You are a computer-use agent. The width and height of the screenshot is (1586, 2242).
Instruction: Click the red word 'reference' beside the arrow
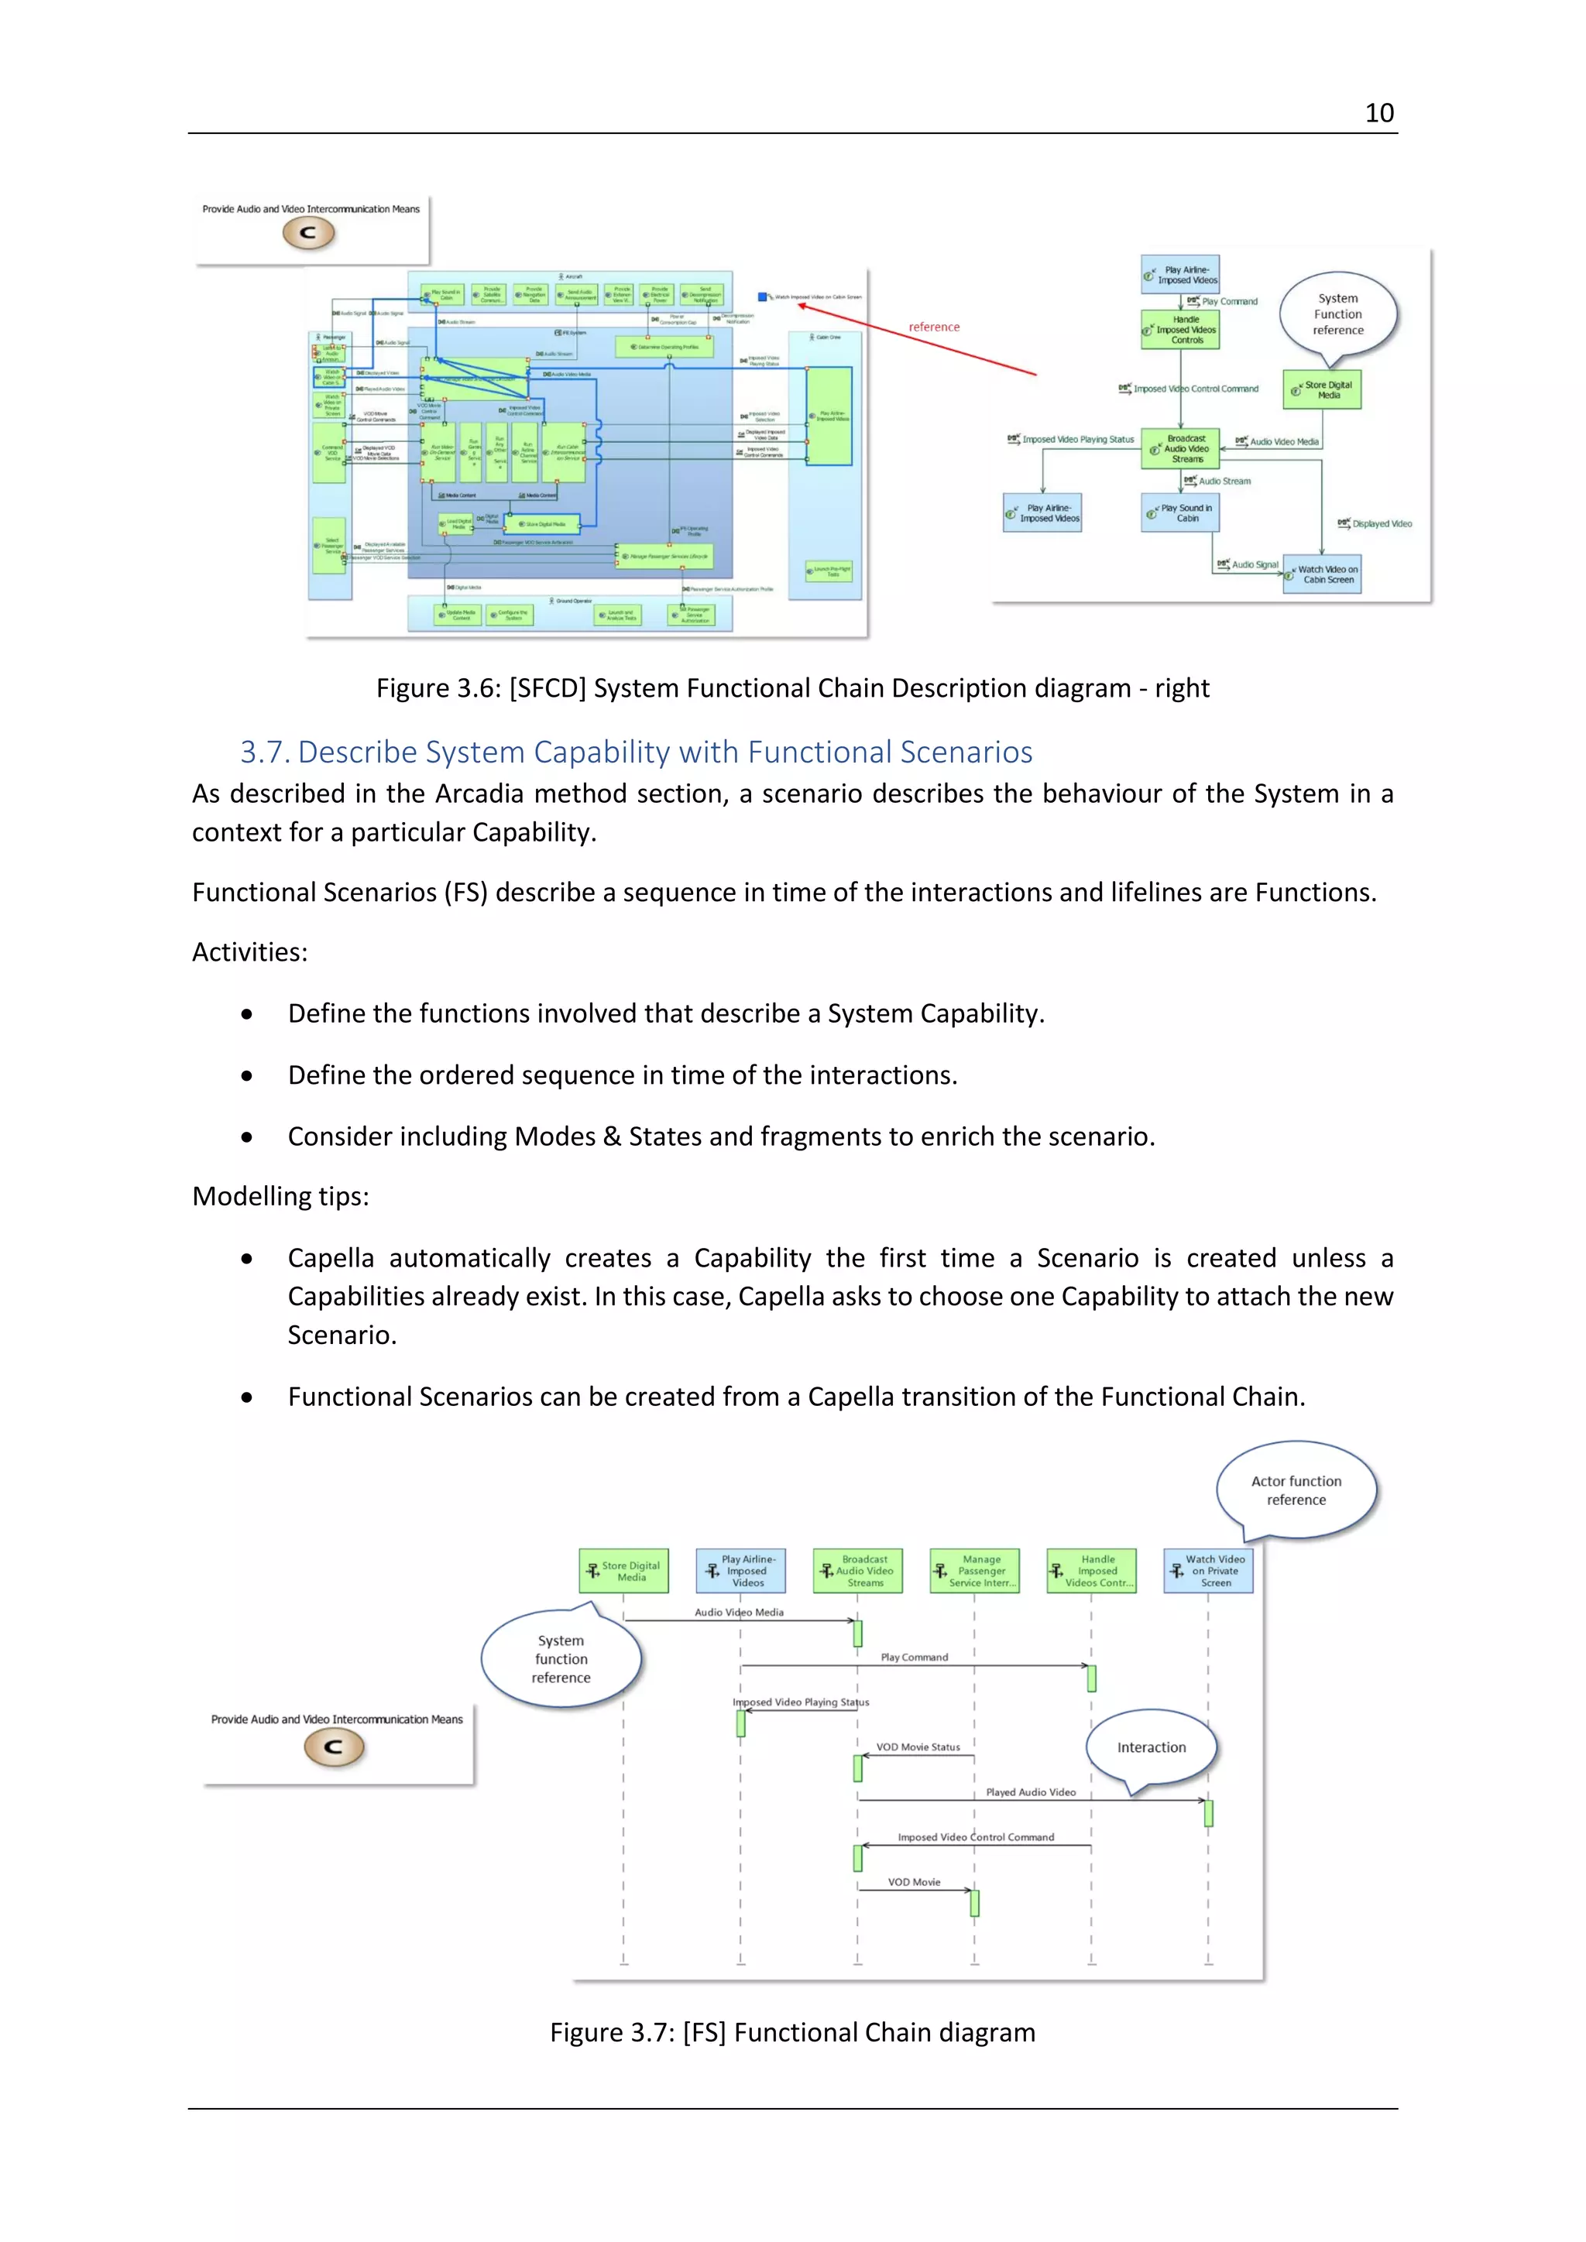point(934,327)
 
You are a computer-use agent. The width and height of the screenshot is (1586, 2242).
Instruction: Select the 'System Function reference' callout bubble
point(1338,314)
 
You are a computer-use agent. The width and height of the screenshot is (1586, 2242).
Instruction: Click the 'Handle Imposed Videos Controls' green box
point(1181,330)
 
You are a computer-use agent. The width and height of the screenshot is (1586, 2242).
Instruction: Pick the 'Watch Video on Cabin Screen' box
point(1327,574)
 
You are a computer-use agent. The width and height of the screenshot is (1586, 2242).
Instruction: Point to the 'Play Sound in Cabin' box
point(1181,513)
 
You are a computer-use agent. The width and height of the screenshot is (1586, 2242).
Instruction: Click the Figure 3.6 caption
point(792,688)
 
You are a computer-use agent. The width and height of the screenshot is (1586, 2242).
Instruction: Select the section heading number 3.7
point(266,752)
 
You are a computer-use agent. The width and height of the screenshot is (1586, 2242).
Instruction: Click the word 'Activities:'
point(250,952)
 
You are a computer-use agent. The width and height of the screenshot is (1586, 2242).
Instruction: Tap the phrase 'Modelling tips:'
point(280,1196)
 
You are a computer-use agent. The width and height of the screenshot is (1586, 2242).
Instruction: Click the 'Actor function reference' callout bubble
point(1296,1490)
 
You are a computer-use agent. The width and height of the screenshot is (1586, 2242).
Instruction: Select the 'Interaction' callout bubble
point(1152,1747)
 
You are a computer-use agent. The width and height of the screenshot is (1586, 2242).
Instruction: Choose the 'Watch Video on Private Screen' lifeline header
point(1208,1570)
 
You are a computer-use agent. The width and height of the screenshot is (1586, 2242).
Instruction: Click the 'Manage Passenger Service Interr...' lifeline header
point(975,1570)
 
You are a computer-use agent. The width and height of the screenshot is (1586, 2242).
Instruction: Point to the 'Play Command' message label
point(914,1657)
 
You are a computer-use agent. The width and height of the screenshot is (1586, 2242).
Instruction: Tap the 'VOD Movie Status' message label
point(917,1747)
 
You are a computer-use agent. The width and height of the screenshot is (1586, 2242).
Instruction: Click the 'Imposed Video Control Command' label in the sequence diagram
point(976,1837)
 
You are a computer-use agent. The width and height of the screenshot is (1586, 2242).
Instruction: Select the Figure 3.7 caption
point(792,2032)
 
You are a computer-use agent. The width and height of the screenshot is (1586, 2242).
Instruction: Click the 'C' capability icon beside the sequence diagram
point(334,1747)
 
